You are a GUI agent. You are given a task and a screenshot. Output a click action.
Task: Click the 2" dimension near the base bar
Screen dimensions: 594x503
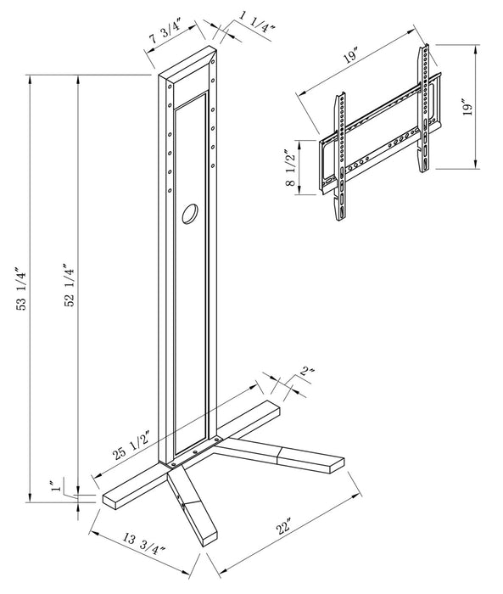306,371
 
